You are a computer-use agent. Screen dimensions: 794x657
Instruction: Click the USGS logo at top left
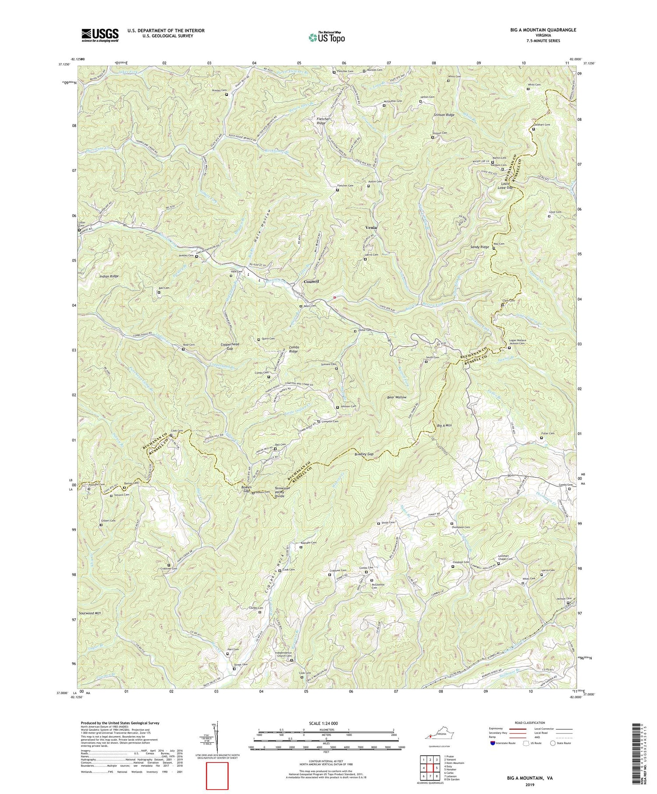point(100,35)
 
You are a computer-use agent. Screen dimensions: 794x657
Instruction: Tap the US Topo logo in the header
point(326,37)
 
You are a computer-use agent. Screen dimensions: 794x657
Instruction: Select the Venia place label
point(371,227)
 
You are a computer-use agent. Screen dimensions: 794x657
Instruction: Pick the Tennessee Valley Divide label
point(286,492)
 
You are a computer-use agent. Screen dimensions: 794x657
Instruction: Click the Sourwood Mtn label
point(90,613)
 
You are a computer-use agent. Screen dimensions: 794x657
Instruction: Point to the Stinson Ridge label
point(444,115)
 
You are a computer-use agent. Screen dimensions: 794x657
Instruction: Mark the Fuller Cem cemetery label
point(547,434)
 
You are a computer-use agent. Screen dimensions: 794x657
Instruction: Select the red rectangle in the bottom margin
point(217,776)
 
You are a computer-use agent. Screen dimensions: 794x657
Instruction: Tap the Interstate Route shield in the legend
point(493,743)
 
